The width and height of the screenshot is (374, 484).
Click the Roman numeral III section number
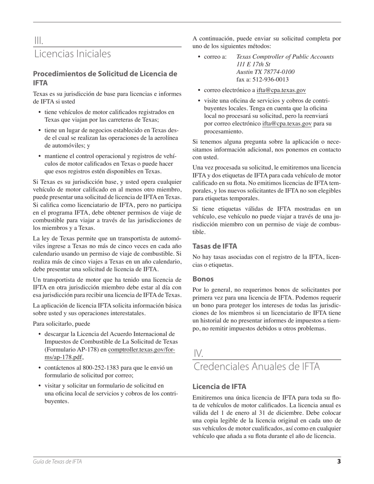(x=39, y=41)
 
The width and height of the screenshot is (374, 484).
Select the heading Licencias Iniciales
(x=72, y=54)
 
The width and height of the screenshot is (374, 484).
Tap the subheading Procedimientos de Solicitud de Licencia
(x=105, y=78)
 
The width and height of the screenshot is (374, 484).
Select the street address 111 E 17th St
(x=253, y=64)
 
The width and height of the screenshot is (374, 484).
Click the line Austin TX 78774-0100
(x=265, y=72)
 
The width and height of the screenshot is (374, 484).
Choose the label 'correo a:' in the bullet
(x=215, y=57)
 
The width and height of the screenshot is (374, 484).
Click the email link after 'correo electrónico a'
(x=281, y=91)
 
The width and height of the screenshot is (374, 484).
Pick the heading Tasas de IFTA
(x=215, y=246)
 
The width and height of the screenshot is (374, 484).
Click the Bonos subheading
(x=203, y=279)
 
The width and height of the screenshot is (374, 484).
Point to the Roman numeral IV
(x=198, y=353)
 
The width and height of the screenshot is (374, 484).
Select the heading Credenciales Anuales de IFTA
(x=257, y=367)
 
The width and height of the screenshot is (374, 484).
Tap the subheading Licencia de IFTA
(x=219, y=386)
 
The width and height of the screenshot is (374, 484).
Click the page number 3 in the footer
(x=339, y=462)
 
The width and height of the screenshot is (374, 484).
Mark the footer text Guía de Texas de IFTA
(x=57, y=462)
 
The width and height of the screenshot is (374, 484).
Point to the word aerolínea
(x=163, y=137)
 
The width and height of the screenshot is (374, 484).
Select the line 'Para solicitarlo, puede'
(x=61, y=324)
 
